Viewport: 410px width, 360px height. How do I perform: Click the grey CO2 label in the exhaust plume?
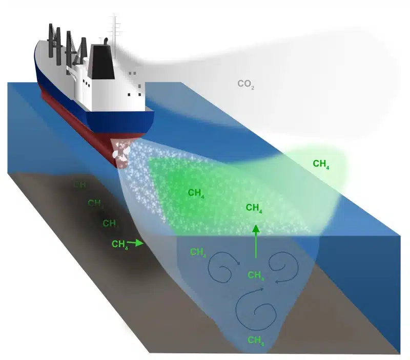coord(245,84)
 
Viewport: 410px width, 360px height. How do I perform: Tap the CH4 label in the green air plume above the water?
coord(320,164)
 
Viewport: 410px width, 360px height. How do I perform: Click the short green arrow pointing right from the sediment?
coord(136,244)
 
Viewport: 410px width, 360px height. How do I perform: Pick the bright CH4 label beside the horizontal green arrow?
coord(119,244)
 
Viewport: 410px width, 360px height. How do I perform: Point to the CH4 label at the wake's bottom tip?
coord(256,340)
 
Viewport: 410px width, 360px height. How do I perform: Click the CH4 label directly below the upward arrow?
coord(256,276)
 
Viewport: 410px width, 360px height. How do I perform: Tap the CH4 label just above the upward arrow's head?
coord(254,208)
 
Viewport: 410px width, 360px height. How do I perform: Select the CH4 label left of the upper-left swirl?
coord(198,252)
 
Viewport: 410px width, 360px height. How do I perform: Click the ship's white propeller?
coord(121,153)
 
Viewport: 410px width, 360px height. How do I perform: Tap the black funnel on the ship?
coord(101,61)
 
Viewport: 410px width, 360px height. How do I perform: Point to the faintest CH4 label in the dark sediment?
coord(79,185)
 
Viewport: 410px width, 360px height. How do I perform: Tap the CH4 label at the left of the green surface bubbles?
coord(196,193)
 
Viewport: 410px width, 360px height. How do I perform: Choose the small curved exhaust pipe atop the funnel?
coord(105,41)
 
